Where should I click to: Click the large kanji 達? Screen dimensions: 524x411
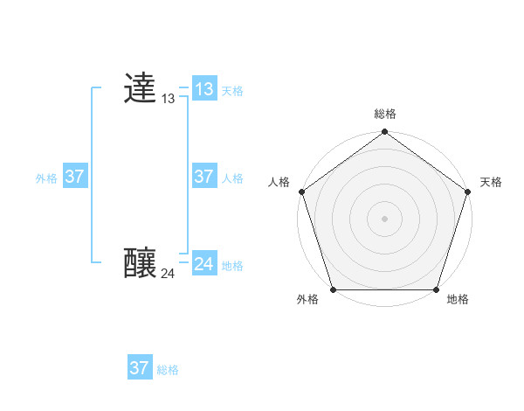pos(141,88)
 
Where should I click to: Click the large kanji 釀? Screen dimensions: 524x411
pos(141,262)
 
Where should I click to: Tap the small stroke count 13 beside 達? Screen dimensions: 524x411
pos(168,100)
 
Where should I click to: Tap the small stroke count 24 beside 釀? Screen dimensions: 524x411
pos(168,274)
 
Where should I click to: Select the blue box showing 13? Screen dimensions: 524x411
pos(203,88)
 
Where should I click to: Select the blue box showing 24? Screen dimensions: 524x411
pos(203,263)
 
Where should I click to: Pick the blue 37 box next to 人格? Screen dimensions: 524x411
pos(203,177)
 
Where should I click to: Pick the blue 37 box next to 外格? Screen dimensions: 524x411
pos(74,177)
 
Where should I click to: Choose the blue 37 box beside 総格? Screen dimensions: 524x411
pos(140,368)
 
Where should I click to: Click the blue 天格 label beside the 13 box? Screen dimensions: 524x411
pos(232,91)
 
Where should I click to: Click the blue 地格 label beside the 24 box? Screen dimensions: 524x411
pos(232,266)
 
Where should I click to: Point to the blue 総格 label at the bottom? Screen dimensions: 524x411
pos(168,371)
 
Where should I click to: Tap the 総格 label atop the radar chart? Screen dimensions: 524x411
pos(385,114)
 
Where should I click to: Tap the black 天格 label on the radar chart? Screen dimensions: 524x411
pos(491,182)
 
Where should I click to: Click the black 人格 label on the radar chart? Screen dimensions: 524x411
pos(279,182)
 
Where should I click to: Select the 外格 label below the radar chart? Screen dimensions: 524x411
pos(307,300)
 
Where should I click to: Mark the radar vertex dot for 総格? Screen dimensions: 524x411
pos(385,132)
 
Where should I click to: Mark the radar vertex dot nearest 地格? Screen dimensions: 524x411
pos(437,289)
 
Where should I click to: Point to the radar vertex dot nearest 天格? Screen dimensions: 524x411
pos(468,192)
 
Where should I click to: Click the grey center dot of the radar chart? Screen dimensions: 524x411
pos(385,218)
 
